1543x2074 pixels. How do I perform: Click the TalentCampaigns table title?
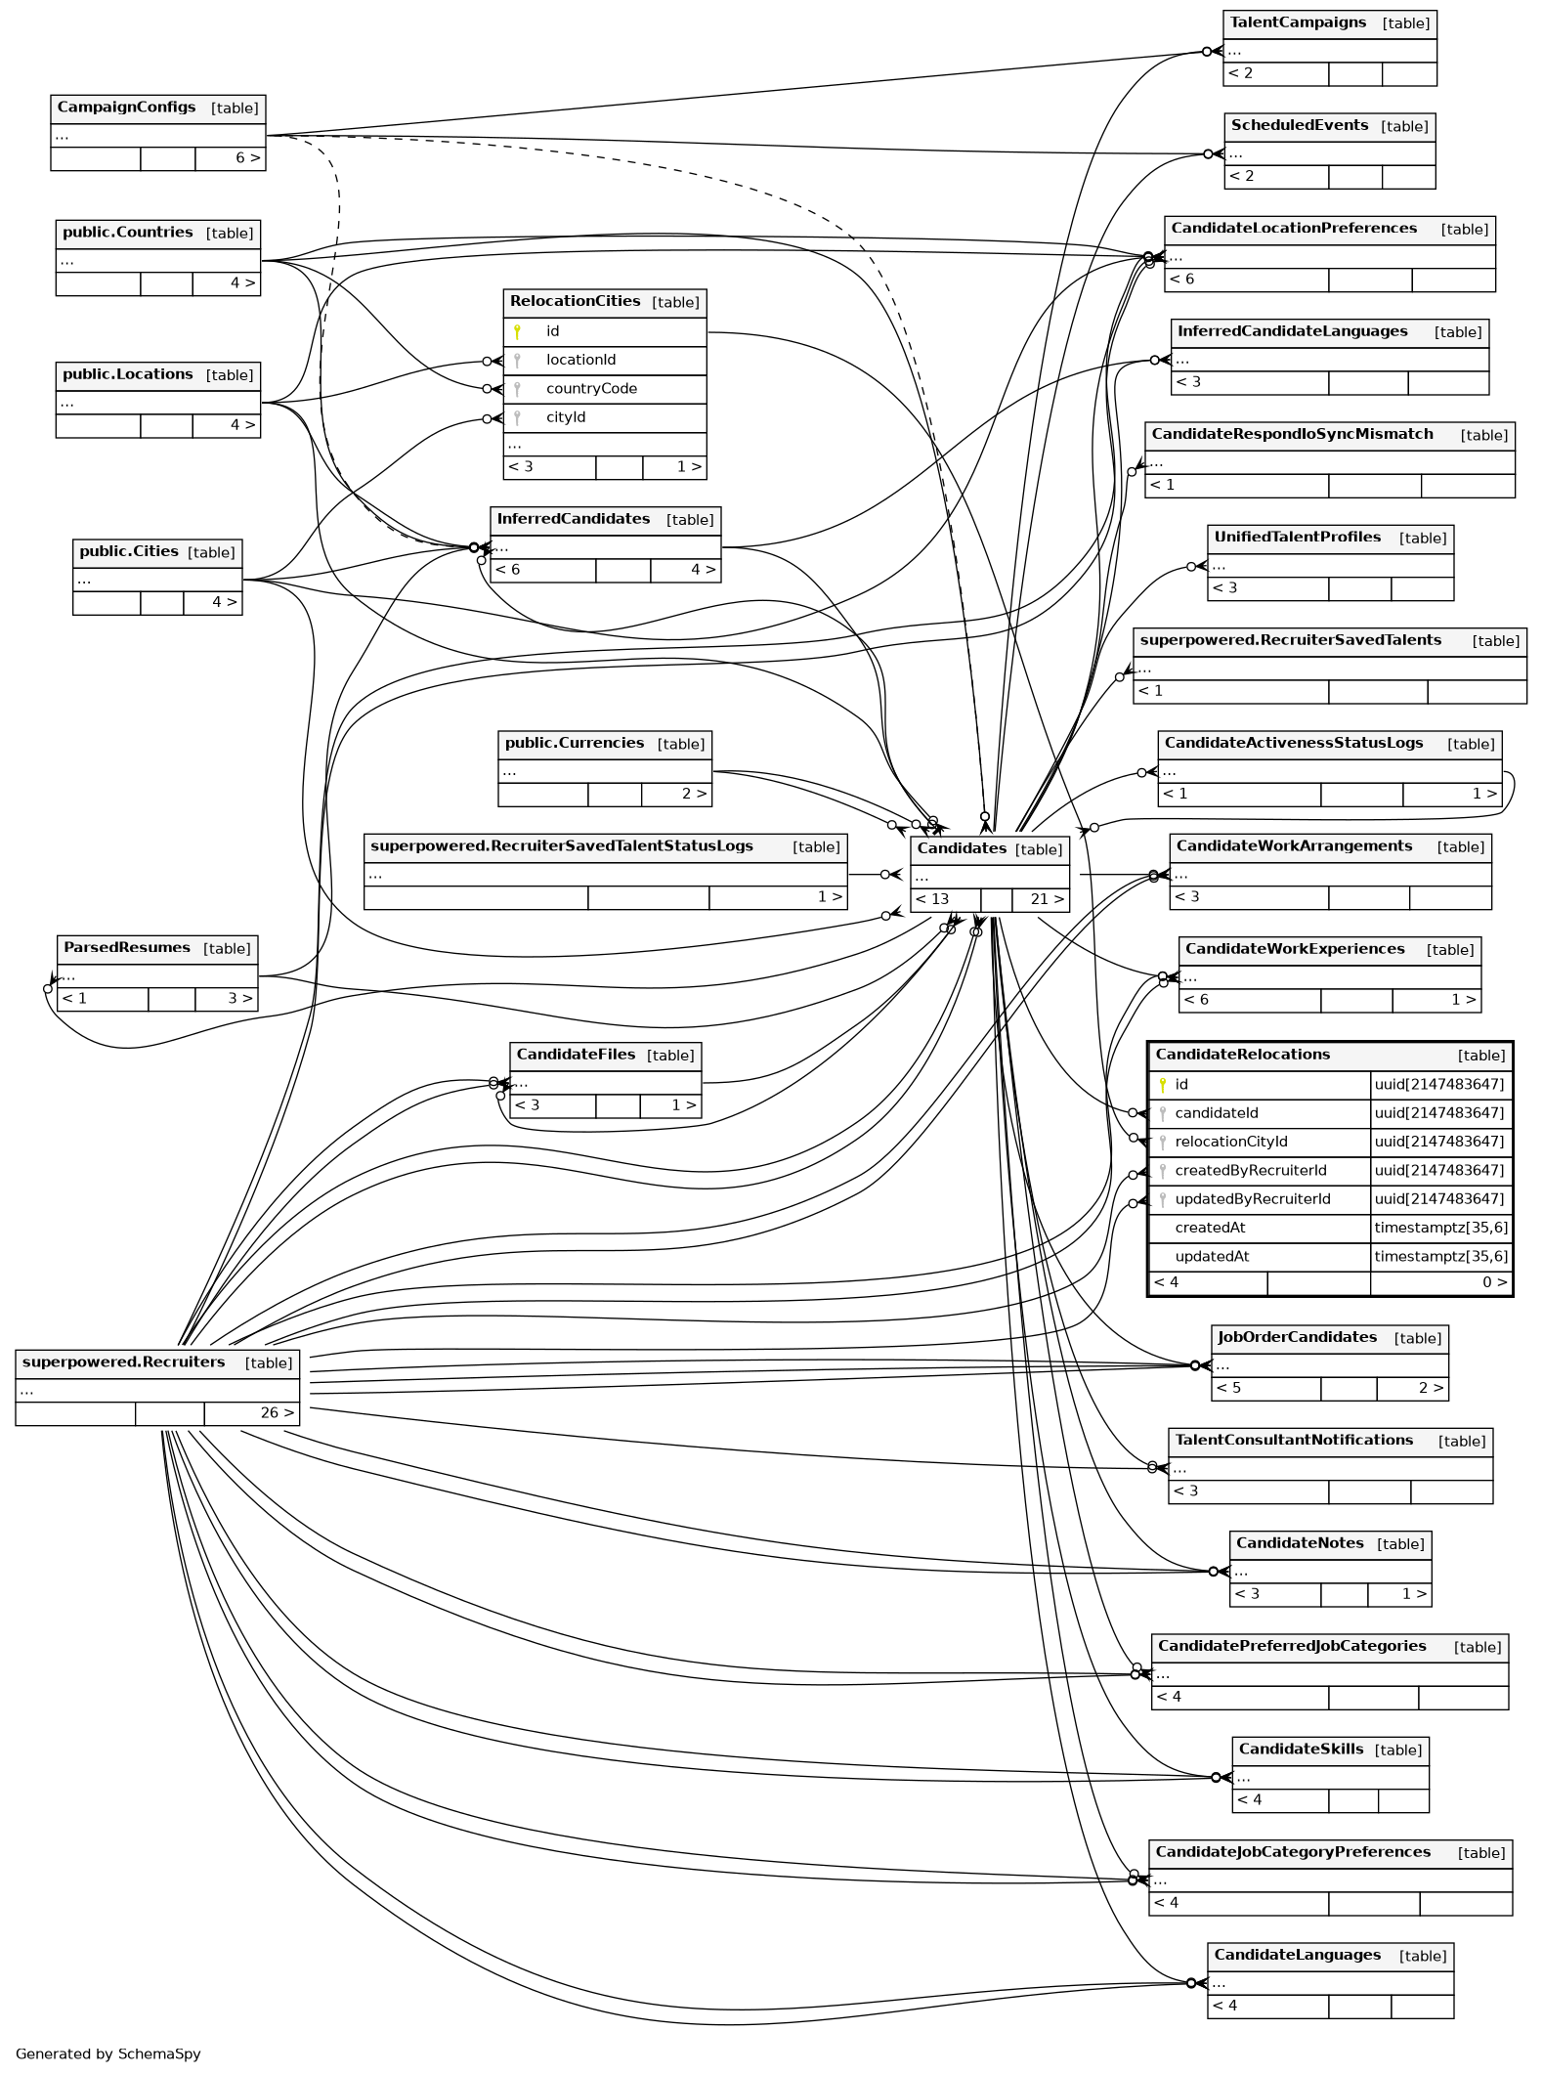point(1298,22)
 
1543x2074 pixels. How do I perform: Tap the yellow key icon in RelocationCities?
point(517,331)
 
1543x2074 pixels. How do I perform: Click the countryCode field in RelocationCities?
point(591,389)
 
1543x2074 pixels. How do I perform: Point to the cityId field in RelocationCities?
point(566,417)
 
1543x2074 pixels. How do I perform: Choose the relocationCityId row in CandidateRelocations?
point(1231,1142)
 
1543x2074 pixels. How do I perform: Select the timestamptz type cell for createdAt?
point(1440,1228)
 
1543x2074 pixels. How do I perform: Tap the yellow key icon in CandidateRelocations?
point(1163,1084)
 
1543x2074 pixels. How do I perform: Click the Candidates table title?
point(962,848)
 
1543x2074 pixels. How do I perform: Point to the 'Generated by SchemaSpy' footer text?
point(108,2053)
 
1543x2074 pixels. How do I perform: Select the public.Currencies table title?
point(575,743)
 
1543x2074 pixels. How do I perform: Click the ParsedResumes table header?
point(127,947)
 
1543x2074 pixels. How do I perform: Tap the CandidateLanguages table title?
point(1297,1955)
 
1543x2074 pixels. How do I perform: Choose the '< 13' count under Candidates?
point(933,899)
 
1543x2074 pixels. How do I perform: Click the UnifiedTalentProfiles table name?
point(1297,537)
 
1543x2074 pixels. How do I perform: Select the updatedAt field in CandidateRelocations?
point(1212,1256)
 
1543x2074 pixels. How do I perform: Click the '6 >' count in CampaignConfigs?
point(247,158)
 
